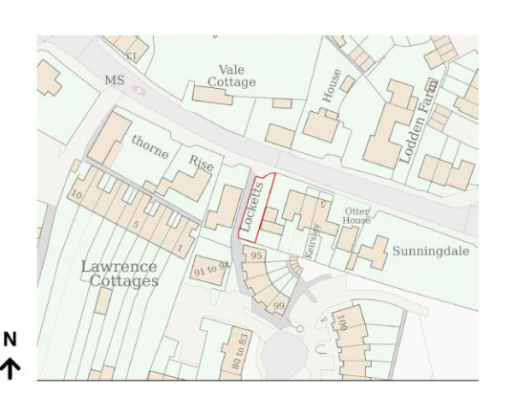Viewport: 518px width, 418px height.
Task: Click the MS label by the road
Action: pos(114,80)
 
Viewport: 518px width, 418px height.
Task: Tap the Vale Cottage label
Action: pos(231,76)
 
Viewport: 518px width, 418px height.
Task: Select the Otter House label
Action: pos(356,215)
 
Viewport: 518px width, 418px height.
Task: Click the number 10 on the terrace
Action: pos(76,195)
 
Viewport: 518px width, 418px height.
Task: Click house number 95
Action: pos(255,256)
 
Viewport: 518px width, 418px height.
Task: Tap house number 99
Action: pos(278,305)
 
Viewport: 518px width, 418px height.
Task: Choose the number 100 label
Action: pos(341,322)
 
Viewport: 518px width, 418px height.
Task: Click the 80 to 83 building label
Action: pos(240,352)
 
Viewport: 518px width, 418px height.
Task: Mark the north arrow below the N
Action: pos(11,369)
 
